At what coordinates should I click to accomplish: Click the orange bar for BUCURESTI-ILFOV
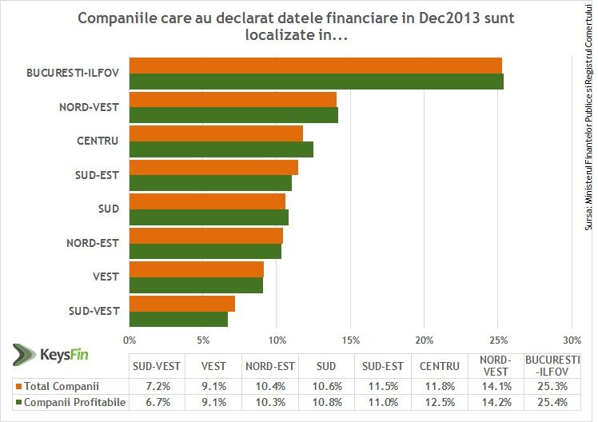pos(316,65)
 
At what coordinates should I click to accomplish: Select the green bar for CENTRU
pos(221,149)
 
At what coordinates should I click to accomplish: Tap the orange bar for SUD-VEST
pos(182,303)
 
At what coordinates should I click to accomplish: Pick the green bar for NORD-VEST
pos(233,115)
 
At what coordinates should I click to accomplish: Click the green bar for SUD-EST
pos(210,183)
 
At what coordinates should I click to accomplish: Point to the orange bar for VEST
pos(197,269)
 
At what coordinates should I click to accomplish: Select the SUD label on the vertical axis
pos(109,209)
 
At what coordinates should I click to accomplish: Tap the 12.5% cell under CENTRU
pos(439,402)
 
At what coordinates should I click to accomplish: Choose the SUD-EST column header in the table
pos(382,367)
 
